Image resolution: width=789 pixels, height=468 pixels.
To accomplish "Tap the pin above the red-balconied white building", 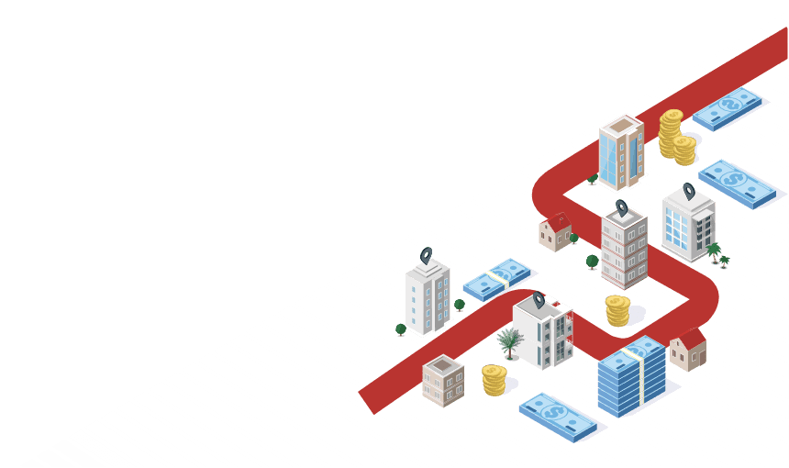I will [x=539, y=299].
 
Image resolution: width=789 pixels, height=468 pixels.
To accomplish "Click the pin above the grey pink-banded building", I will [x=621, y=207].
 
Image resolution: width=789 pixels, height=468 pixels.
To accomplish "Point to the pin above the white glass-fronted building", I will [x=689, y=191].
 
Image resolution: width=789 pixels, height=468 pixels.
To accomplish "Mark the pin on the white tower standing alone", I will [x=426, y=255].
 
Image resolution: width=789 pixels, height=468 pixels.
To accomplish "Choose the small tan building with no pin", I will [x=443, y=380].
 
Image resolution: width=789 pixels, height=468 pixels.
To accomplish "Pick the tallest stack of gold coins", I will [x=671, y=132].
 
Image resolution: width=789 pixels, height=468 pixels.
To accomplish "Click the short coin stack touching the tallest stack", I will [x=684, y=150].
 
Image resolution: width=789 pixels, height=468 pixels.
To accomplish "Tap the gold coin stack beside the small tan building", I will [x=494, y=379].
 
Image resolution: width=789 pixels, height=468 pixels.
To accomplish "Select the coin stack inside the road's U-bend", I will [x=617, y=310].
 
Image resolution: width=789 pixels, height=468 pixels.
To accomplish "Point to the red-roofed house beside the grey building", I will [x=555, y=231].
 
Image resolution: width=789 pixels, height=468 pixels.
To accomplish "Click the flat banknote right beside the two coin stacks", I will [x=728, y=108].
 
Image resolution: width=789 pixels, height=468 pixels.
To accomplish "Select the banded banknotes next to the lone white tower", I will [x=498, y=279].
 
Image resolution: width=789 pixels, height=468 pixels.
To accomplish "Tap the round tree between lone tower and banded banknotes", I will [x=460, y=305].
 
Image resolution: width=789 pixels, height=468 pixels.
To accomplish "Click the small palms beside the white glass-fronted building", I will [x=716, y=251].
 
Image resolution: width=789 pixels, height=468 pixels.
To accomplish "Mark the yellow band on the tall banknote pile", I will [x=634, y=352].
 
